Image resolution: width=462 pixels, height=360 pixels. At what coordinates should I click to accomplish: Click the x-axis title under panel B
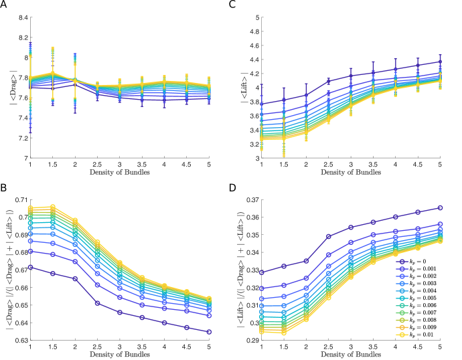coord(119,354)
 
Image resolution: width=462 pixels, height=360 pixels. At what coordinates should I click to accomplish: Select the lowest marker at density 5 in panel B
coord(210,331)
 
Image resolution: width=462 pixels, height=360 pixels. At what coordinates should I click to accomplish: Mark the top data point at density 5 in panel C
coord(440,62)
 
